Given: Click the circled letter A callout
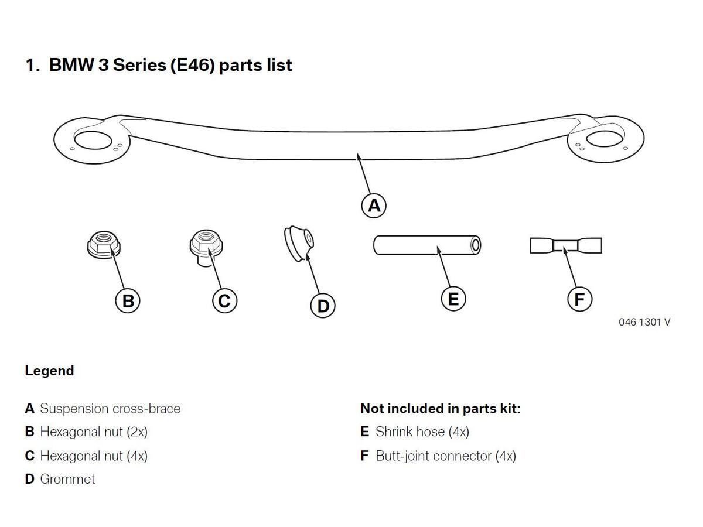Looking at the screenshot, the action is tap(373, 206).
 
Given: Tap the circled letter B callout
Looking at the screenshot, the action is tap(128, 300).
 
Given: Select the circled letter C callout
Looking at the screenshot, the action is tap(224, 300).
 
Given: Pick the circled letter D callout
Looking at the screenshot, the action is tap(323, 306).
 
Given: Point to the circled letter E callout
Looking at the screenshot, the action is tap(453, 299).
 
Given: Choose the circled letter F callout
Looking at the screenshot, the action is tap(579, 299).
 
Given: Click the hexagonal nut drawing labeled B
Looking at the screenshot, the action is tap(104, 244).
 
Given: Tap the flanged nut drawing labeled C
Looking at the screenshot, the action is tap(206, 247).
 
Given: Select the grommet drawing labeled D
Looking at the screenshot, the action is tap(299, 243).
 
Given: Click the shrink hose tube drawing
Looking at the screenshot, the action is tap(427, 245).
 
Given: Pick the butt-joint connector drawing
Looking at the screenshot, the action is tap(565, 245).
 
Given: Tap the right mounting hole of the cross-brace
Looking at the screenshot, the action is tap(605, 139).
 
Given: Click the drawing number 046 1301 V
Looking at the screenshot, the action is tap(644, 322).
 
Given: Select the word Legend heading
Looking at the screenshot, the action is tap(49, 371).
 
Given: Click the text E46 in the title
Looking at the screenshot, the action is tap(193, 65).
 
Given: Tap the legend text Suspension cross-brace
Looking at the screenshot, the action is tap(110, 409).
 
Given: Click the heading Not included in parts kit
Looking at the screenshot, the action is tap(441, 409).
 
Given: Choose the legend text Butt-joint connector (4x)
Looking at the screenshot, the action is tap(446, 456).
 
